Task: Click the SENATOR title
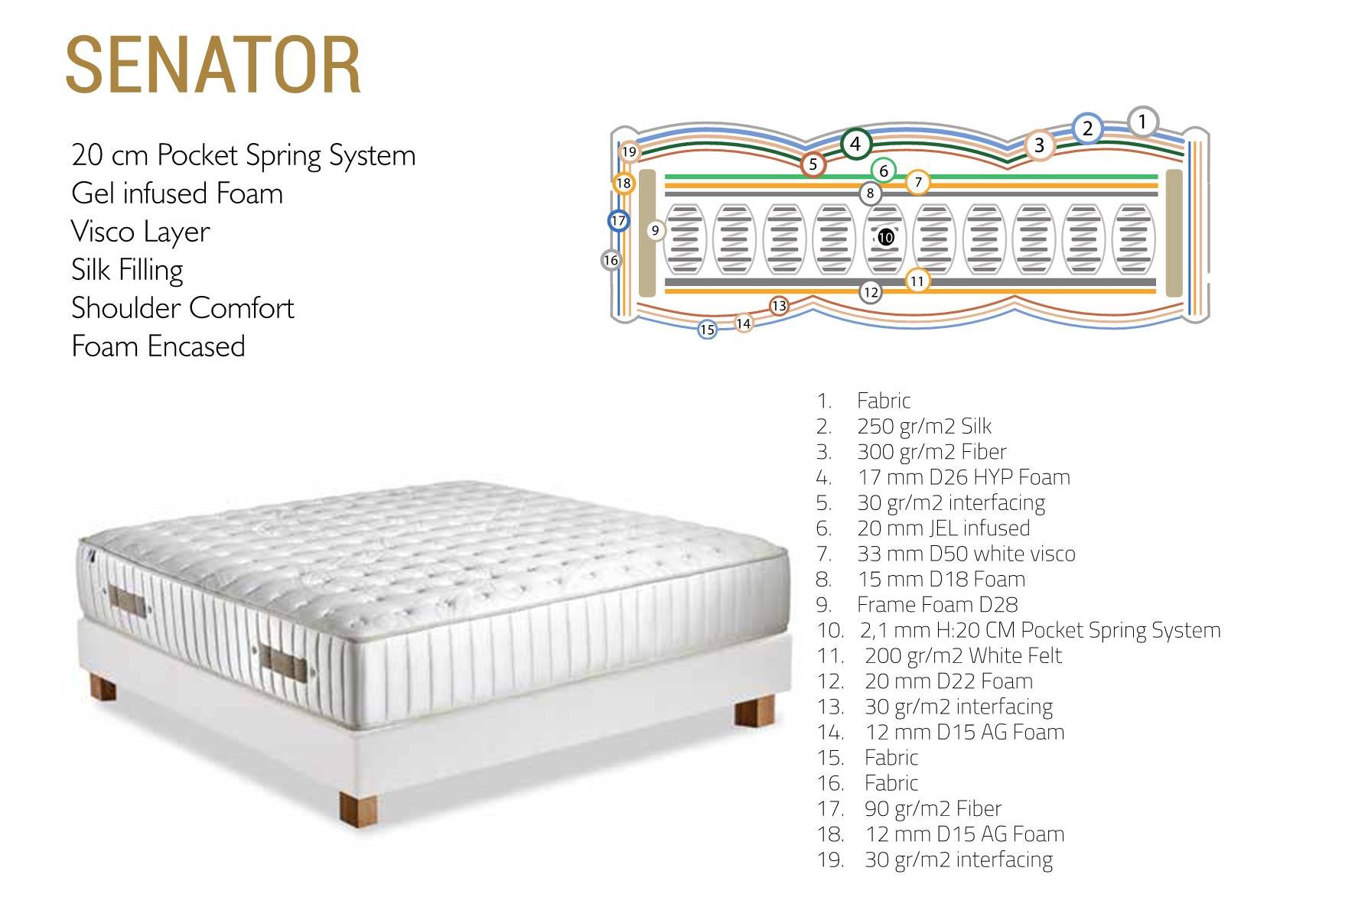point(213,65)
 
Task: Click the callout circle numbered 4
point(855,144)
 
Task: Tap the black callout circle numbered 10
point(885,237)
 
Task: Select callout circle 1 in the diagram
point(1142,122)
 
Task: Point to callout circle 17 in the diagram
point(618,221)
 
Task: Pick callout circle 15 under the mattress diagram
point(708,330)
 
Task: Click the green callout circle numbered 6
point(884,171)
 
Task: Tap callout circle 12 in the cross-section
point(871,291)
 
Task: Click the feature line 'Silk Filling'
point(127,270)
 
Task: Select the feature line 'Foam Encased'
point(158,346)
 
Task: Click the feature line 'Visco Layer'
point(141,232)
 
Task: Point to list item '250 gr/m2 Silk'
point(924,426)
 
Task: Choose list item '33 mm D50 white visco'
point(966,554)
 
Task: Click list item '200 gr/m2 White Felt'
point(963,655)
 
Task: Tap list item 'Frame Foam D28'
point(937,605)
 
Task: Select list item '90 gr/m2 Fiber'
point(933,808)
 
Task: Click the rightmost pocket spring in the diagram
point(1133,239)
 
